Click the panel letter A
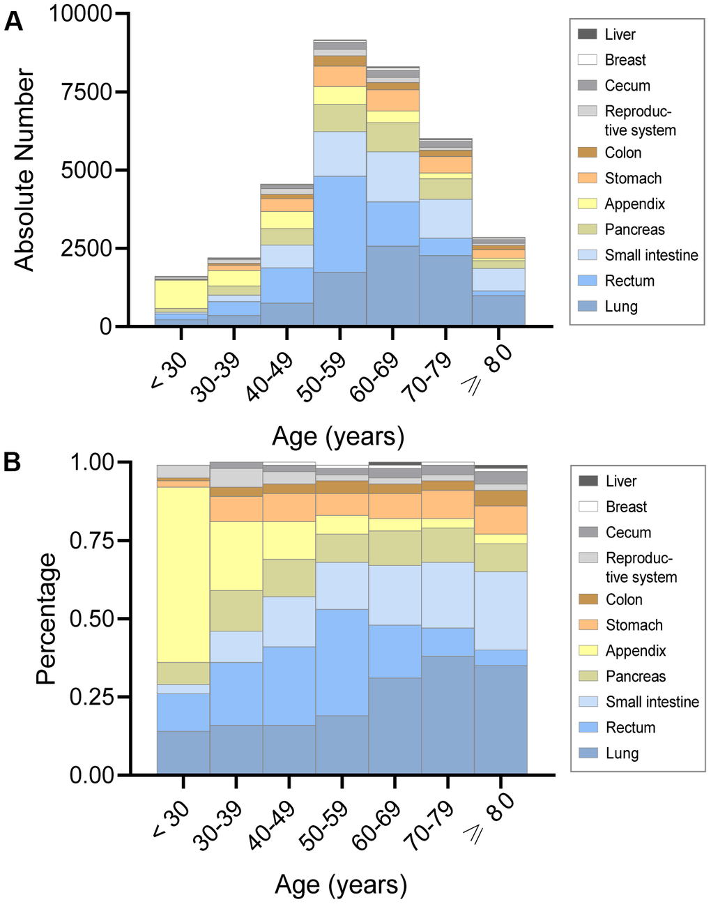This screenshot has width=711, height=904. tap(13, 22)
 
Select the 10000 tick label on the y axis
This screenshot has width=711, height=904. tap(81, 13)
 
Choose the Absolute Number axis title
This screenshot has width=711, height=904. tap(24, 169)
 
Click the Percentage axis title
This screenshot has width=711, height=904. tap(46, 618)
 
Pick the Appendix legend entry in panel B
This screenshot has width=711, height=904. tap(635, 651)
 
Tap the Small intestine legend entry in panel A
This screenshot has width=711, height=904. tap(650, 255)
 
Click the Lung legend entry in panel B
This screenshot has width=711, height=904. tap(622, 753)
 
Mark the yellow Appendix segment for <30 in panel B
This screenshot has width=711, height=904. tap(183, 574)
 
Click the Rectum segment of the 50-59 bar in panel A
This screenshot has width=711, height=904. tap(339, 224)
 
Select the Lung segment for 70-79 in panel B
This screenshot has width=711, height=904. tap(448, 714)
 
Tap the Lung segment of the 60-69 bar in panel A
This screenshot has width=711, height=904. tap(392, 285)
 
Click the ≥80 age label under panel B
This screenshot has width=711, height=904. tap(491, 817)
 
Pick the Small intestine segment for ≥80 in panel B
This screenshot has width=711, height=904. tap(500, 611)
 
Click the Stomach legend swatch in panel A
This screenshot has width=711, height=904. tap(588, 178)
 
